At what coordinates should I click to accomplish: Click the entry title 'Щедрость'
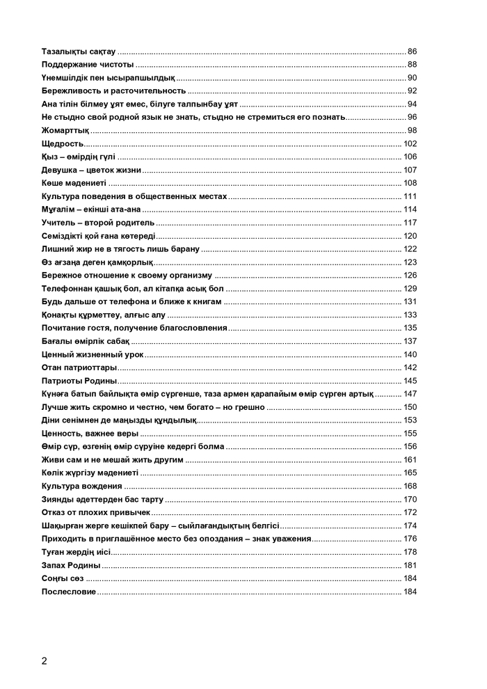(63, 143)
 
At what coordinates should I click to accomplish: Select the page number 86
(412, 52)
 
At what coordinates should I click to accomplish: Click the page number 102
(410, 143)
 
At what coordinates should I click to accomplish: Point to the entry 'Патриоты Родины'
(79, 380)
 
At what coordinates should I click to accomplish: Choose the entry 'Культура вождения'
(82, 485)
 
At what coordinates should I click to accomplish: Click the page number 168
(410, 485)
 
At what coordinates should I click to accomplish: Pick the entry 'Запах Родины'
(71, 564)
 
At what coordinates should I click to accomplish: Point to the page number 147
(410, 393)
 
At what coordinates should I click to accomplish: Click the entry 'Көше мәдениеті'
(74, 183)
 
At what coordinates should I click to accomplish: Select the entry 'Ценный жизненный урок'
(93, 354)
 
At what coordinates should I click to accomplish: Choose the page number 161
(410, 459)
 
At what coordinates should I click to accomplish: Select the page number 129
(410, 288)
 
